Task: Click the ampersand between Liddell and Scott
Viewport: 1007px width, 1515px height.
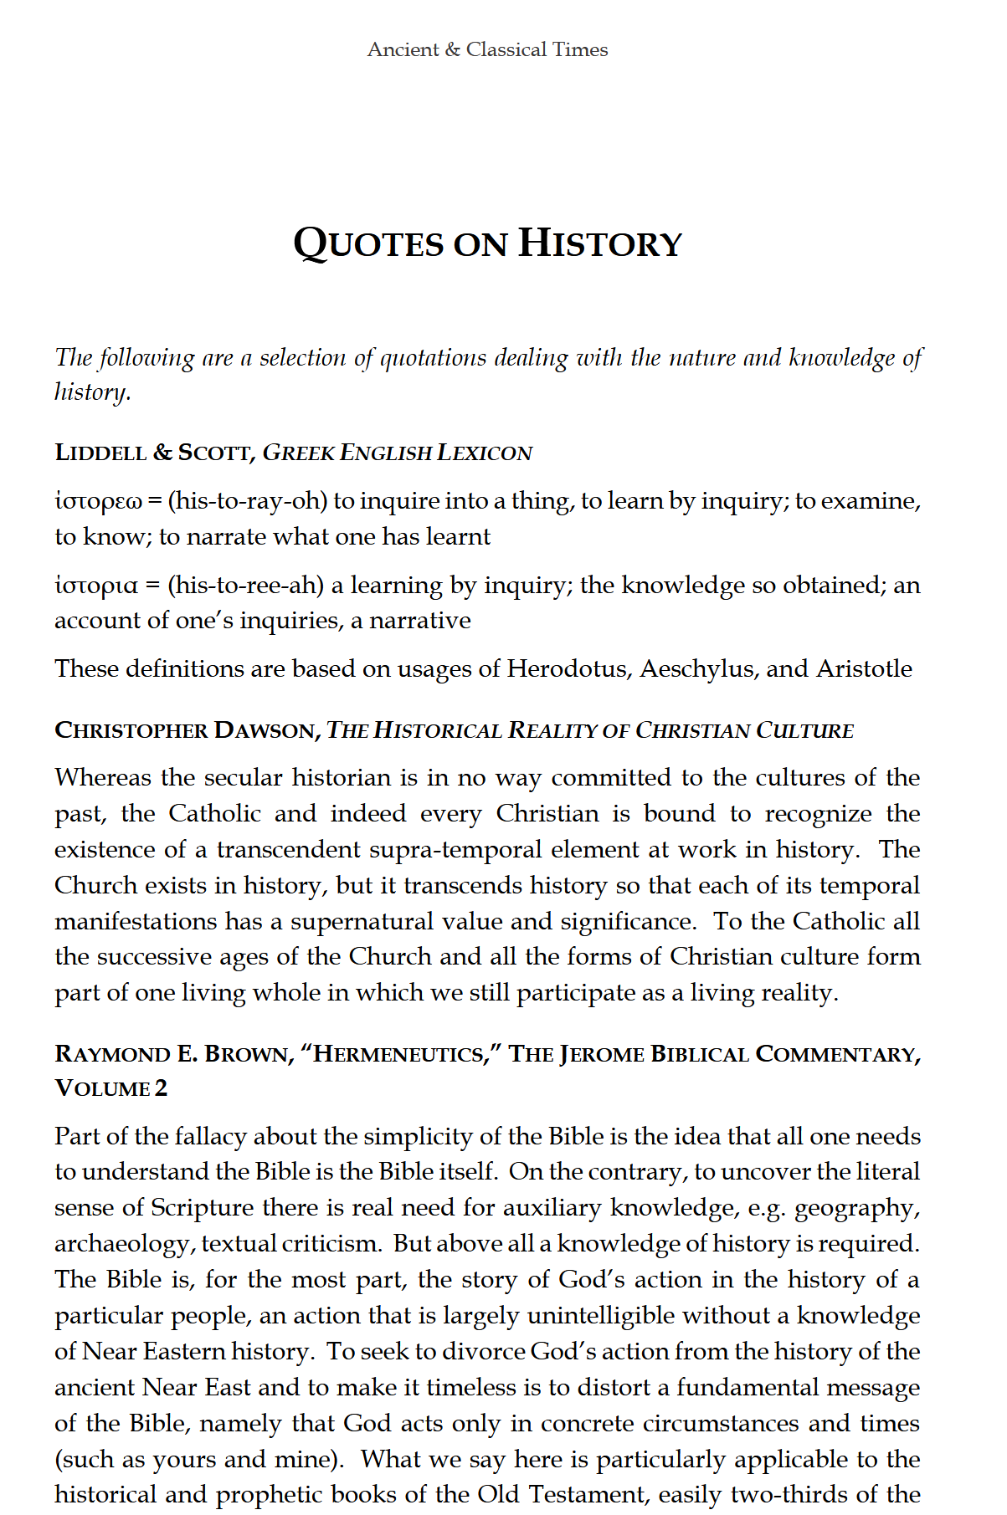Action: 162,453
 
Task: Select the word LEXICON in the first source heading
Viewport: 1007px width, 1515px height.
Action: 485,453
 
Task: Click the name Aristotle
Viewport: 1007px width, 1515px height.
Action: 864,669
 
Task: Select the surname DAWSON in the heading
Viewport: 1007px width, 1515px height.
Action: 264,730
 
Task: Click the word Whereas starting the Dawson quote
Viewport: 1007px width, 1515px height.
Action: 103,778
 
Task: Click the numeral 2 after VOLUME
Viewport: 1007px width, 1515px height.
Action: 161,1088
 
